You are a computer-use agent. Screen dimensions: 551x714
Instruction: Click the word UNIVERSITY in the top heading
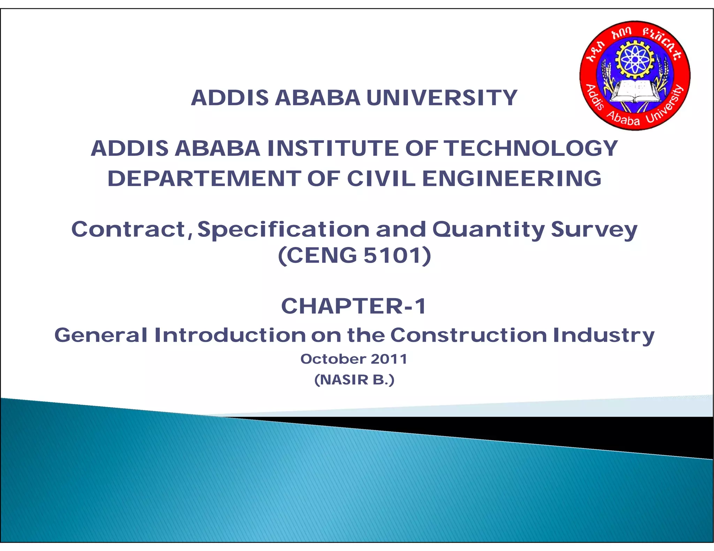click(442, 98)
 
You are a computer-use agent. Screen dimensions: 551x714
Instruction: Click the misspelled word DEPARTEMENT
click(204, 179)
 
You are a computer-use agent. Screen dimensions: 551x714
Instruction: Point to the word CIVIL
click(381, 179)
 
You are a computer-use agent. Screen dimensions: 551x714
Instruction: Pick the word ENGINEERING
click(512, 179)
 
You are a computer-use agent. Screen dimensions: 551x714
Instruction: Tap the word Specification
click(283, 230)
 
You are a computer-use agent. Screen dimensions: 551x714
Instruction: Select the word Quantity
click(488, 230)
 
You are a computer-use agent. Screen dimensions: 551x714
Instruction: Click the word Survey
click(594, 230)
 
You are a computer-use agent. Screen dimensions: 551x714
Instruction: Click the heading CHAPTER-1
click(354, 306)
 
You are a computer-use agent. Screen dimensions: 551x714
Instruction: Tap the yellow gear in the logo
click(635, 59)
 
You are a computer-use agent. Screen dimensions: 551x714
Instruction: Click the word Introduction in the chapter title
click(230, 335)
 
